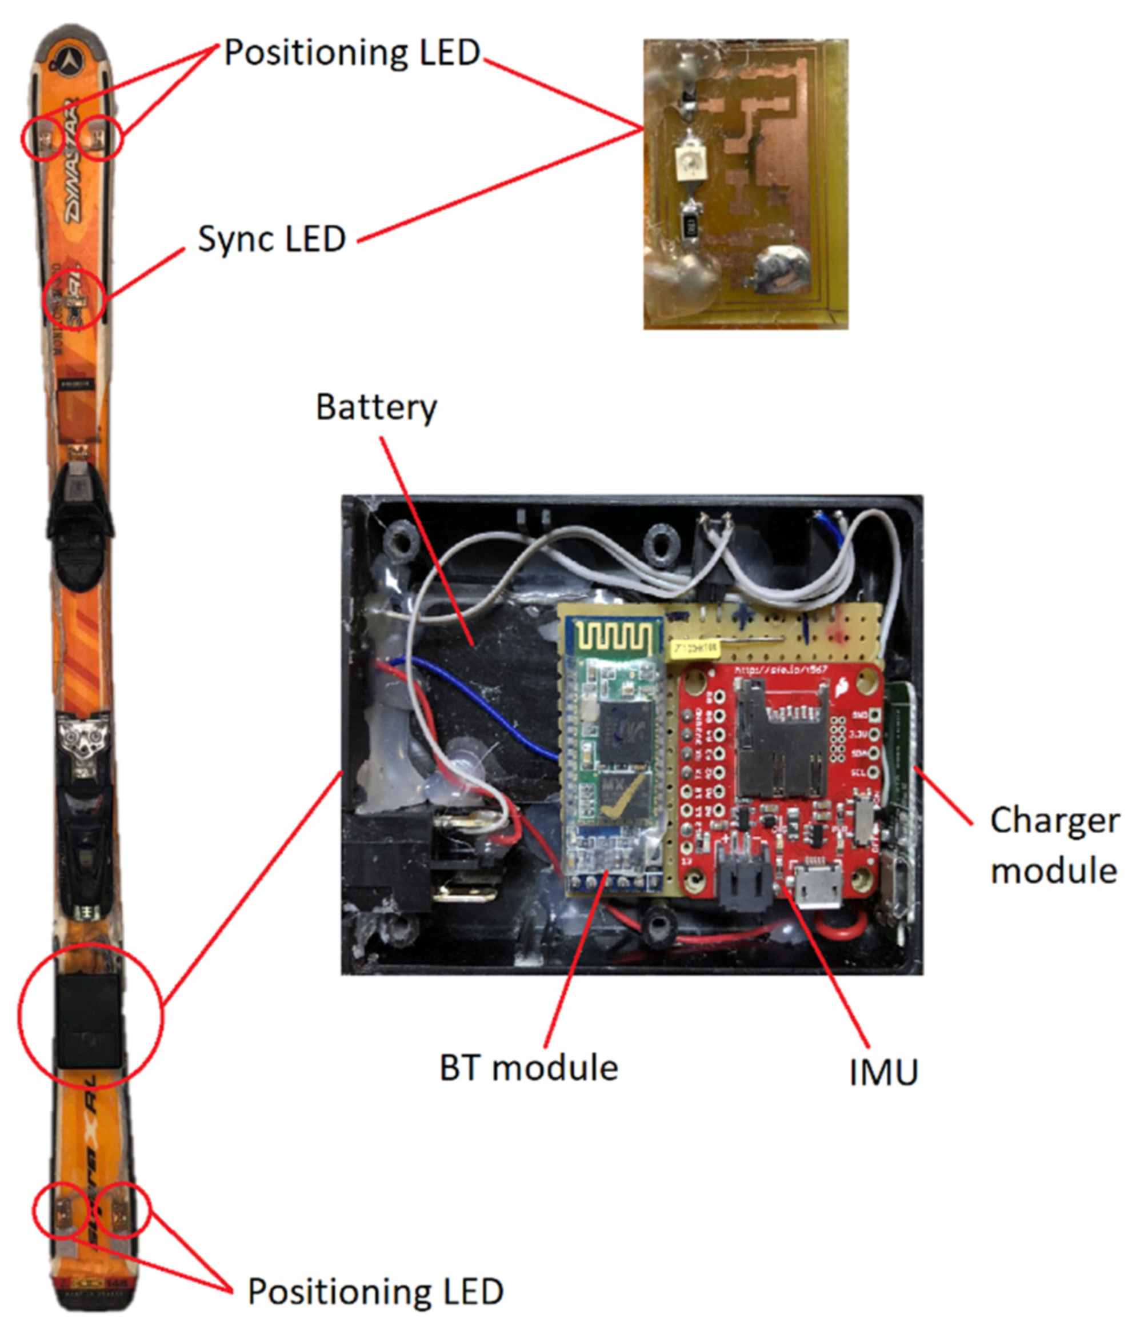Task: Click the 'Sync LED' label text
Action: pos(272,239)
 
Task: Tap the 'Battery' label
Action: pos(376,408)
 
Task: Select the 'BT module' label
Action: pos(528,1067)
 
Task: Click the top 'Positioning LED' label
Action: pos(351,53)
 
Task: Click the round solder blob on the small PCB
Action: pos(778,269)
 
